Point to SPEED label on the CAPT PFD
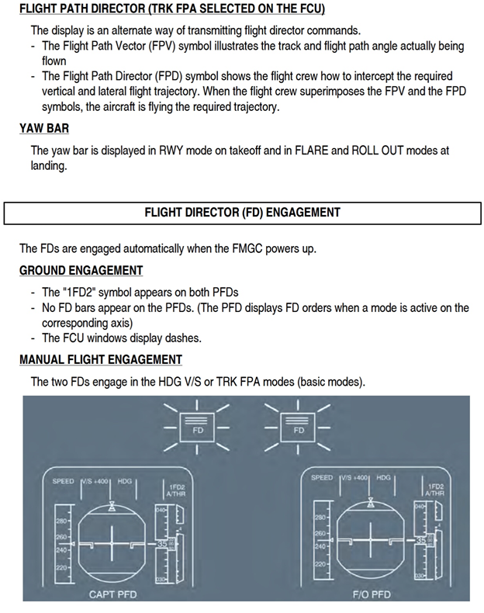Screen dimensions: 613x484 click(x=64, y=481)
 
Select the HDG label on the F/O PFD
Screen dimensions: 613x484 click(x=383, y=478)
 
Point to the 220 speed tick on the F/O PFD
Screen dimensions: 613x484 click(x=319, y=563)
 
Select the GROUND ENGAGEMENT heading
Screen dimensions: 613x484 click(x=81, y=270)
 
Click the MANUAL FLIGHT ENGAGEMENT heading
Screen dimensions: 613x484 click(x=101, y=359)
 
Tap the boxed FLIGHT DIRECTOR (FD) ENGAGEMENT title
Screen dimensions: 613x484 click(x=242, y=212)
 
